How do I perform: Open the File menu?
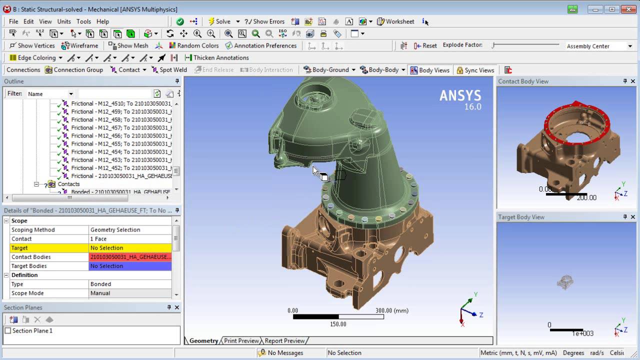click(13, 21)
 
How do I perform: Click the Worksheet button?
click(395, 21)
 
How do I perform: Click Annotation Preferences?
click(261, 45)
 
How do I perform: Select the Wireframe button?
click(80, 45)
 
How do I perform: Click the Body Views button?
click(429, 70)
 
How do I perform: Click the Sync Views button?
click(475, 70)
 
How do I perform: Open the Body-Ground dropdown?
click(329, 70)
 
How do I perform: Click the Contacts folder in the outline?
click(68, 184)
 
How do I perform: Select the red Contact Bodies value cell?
click(130, 257)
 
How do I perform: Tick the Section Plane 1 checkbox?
click(7, 330)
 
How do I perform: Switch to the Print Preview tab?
click(241, 340)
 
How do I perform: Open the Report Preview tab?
click(284, 340)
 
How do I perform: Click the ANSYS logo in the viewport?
click(460, 99)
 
